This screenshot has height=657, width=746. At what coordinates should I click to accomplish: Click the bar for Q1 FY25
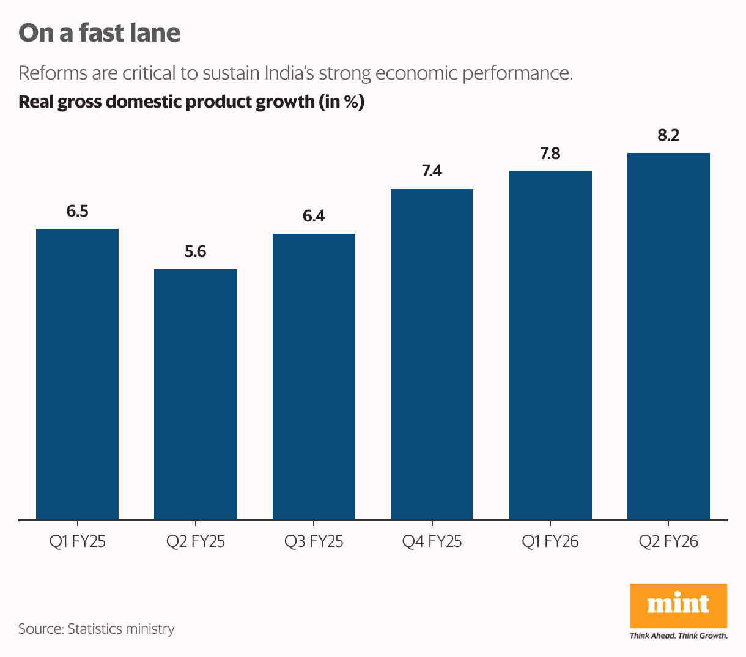pyautogui.click(x=77, y=374)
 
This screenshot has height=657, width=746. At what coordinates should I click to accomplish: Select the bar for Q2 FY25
pyautogui.click(x=196, y=394)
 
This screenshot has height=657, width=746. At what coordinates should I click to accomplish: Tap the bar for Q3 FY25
pyautogui.click(x=314, y=376)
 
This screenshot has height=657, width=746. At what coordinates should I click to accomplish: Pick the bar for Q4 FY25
pyautogui.click(x=432, y=354)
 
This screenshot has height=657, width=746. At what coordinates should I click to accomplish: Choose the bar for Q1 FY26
pyautogui.click(x=550, y=345)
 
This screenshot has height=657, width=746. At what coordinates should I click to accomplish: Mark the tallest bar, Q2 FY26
pyautogui.click(x=668, y=336)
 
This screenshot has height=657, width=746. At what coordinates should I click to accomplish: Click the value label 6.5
pyautogui.click(x=77, y=212)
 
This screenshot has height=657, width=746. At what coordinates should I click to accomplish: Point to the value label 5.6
pyautogui.click(x=196, y=251)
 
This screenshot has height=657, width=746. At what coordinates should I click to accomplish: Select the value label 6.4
pyautogui.click(x=314, y=216)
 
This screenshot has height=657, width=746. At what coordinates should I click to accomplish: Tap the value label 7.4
pyautogui.click(x=432, y=171)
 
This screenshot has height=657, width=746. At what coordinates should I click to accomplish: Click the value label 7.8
pyautogui.click(x=550, y=154)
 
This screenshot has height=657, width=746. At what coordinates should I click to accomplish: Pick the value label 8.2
pyautogui.click(x=668, y=136)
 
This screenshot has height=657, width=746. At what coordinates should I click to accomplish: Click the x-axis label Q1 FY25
pyautogui.click(x=77, y=541)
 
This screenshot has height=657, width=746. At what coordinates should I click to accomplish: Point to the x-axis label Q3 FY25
pyautogui.click(x=314, y=541)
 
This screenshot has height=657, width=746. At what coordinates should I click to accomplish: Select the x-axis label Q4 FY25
pyautogui.click(x=432, y=541)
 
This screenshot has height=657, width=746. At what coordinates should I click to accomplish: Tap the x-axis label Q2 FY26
pyautogui.click(x=668, y=541)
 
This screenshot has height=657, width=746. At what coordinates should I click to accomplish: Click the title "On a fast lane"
pyautogui.click(x=100, y=33)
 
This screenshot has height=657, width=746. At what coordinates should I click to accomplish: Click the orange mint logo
pyautogui.click(x=678, y=605)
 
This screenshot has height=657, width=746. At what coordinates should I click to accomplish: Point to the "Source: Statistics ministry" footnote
pyautogui.click(x=96, y=629)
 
